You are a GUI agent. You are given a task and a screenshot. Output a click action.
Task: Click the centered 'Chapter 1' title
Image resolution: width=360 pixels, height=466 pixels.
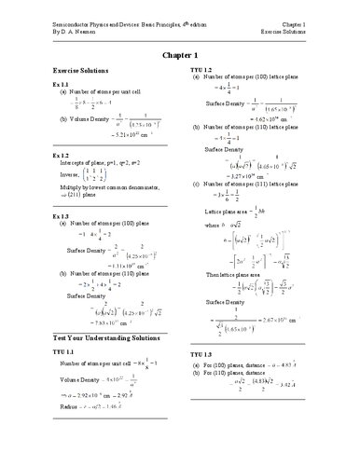click(x=180, y=55)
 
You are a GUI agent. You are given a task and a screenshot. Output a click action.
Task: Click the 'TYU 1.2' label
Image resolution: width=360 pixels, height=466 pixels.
click(x=201, y=70)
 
